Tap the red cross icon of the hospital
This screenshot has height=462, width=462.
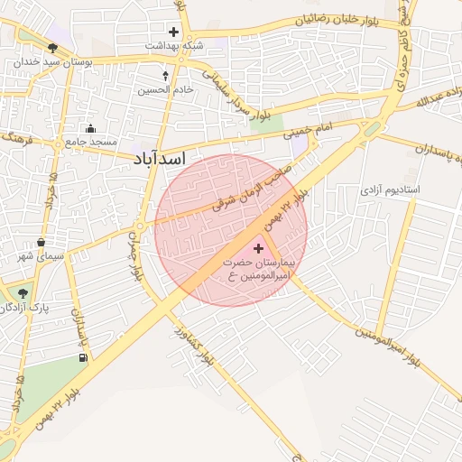click(x=259, y=247)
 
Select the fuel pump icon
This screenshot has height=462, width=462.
click(x=84, y=358)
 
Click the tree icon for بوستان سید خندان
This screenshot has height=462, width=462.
click(x=53, y=47)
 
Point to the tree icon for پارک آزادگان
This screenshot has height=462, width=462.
click(x=23, y=292)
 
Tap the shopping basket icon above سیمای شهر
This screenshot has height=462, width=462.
click(x=42, y=242)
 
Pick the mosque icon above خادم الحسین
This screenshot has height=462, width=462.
click(x=165, y=75)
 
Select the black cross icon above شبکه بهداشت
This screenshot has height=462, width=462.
click(x=174, y=32)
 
